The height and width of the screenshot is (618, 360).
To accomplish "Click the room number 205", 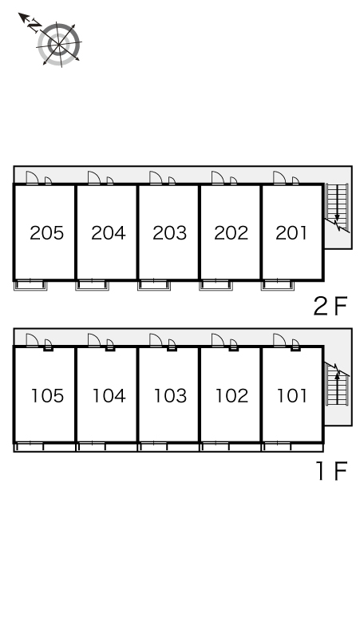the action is [x=46, y=233].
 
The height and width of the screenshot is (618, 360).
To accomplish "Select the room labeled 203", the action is [x=169, y=233].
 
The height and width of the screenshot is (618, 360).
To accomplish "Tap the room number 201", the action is [x=291, y=233].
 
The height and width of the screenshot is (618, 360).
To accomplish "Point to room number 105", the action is [x=47, y=396].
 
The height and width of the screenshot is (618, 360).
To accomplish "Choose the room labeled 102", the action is [x=231, y=396].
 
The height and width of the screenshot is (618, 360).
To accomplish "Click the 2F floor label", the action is [x=330, y=306].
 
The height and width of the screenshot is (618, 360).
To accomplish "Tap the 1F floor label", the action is [x=331, y=470].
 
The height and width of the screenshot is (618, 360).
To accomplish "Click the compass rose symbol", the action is [x=59, y=44].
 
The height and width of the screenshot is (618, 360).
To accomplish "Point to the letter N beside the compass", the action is [x=34, y=26].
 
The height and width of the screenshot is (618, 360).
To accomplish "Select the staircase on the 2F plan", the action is [x=337, y=208].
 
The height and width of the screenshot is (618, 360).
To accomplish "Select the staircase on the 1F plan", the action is [x=337, y=383].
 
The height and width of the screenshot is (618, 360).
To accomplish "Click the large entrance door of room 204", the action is [x=94, y=178].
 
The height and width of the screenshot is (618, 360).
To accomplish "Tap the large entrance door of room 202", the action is [x=218, y=178].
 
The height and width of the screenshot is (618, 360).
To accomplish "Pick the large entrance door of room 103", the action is [x=156, y=340].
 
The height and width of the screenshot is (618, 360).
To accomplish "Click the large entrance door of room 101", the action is [x=279, y=340].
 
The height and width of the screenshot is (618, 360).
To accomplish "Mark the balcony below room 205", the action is [x=30, y=285].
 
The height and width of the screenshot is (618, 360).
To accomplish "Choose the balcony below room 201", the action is [x=278, y=285].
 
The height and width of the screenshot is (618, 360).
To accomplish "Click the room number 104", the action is [x=109, y=396].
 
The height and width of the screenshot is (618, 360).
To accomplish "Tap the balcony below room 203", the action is [x=154, y=285].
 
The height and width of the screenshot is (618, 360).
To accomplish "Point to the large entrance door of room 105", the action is [x=32, y=340].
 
